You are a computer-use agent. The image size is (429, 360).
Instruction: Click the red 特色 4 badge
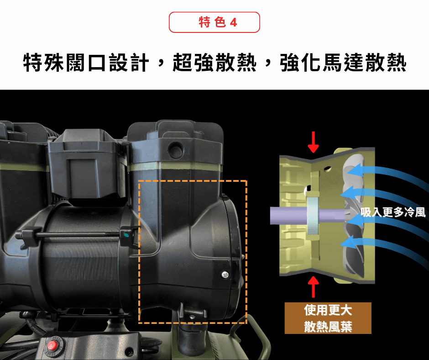pos(214,22)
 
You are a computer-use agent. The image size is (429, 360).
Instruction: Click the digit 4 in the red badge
pos(233,22)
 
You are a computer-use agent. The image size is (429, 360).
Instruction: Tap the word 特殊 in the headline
pos(43,63)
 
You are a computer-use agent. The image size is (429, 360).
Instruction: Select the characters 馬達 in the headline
pos(343,63)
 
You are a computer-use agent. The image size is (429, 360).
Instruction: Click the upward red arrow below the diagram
pos(313,287)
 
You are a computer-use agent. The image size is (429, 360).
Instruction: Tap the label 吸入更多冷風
pos(393,212)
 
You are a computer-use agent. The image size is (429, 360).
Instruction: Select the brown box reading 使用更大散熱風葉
pos(328,318)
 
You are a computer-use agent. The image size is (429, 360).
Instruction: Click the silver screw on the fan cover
pos(225,275)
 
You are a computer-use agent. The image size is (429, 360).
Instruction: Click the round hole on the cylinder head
pos(176,150)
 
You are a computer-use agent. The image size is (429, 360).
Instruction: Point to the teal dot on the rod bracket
pos(126,234)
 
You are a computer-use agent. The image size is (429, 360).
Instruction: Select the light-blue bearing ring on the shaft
pos(313,216)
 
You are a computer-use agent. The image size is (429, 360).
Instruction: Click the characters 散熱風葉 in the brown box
pos(328,326)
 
